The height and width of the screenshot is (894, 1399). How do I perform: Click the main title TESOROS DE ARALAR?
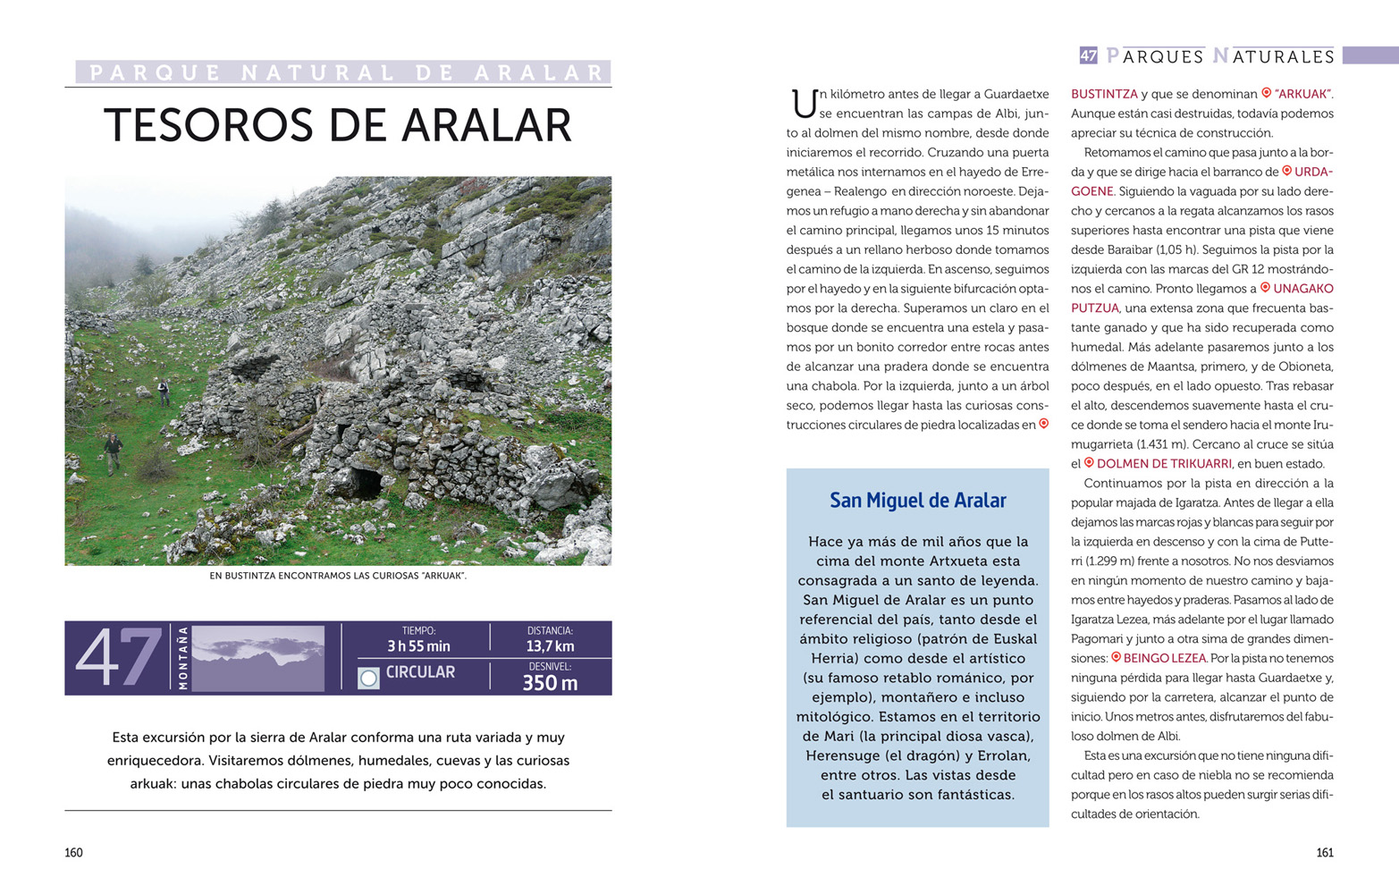coord(338,125)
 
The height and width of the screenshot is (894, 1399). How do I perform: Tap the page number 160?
coord(73,853)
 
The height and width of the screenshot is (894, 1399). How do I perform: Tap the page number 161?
coord(1325,853)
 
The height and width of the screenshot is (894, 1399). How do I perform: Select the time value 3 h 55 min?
coord(418,646)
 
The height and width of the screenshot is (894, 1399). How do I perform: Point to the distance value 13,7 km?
coord(550,646)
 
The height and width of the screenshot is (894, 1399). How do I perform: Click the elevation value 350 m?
coord(550,684)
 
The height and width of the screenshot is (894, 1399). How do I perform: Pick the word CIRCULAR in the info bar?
coord(420,672)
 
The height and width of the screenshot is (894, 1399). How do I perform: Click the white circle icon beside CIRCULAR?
coord(368,678)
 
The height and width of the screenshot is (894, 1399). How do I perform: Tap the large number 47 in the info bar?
coord(118,658)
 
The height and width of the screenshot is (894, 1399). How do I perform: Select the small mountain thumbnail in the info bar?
coord(257,658)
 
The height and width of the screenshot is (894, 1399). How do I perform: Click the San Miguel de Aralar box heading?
coord(917,501)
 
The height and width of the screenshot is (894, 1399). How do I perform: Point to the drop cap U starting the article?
coord(803,104)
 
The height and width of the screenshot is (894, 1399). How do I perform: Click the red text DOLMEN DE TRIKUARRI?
coord(1163,464)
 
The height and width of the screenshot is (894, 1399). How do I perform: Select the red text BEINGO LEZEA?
coord(1164,659)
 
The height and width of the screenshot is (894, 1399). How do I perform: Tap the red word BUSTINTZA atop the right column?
coord(1104,94)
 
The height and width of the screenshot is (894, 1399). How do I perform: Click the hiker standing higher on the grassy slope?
coord(164,392)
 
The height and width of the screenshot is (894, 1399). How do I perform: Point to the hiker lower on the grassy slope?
coord(112,452)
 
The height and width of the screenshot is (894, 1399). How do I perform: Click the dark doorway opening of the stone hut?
coord(366,484)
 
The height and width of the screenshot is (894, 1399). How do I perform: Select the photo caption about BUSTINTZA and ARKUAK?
coord(338,576)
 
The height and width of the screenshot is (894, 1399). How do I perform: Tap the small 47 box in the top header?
coord(1088,55)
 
